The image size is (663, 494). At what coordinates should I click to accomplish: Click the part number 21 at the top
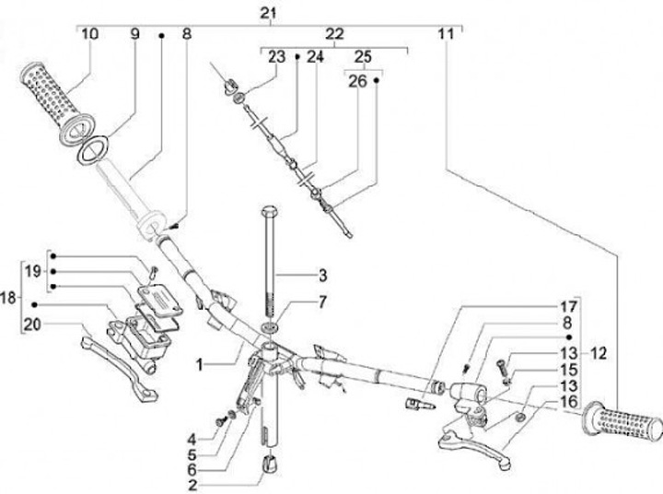(268, 13)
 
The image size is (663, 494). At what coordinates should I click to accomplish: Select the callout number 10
(89, 33)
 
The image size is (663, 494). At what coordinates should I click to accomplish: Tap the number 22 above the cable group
(334, 34)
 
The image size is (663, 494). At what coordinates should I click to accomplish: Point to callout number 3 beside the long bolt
(322, 276)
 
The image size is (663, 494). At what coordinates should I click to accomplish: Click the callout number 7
(322, 302)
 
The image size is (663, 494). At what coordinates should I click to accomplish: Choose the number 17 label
(569, 307)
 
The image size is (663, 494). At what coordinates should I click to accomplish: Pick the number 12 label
(598, 353)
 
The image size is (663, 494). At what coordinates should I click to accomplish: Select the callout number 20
(32, 325)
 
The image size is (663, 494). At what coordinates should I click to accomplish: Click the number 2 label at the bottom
(192, 485)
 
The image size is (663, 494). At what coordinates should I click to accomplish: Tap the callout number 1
(200, 364)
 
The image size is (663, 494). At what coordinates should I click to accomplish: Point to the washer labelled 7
(269, 327)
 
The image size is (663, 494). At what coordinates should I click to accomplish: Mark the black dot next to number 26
(377, 80)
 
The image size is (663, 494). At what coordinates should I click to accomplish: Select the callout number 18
(8, 298)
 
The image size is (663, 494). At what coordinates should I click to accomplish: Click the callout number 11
(446, 34)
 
